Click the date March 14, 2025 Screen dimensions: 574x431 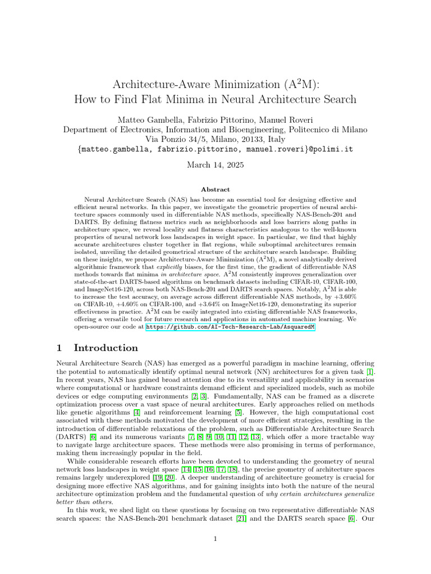(215, 165)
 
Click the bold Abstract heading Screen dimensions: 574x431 (215, 190)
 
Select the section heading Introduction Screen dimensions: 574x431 (106, 348)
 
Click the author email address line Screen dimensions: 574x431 (215, 150)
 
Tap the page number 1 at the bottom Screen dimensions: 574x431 (215, 539)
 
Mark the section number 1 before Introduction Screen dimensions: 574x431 (59, 348)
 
